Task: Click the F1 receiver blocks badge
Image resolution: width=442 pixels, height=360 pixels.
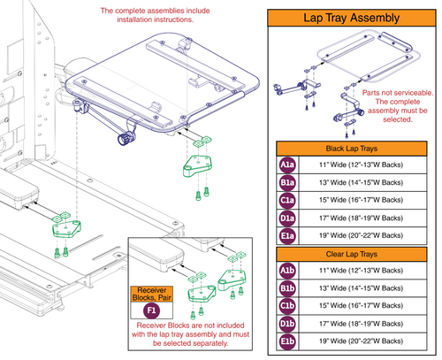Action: (151, 311)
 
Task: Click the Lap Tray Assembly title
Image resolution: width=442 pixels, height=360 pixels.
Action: (356, 18)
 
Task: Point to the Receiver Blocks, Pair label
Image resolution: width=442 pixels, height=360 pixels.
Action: (151, 294)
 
